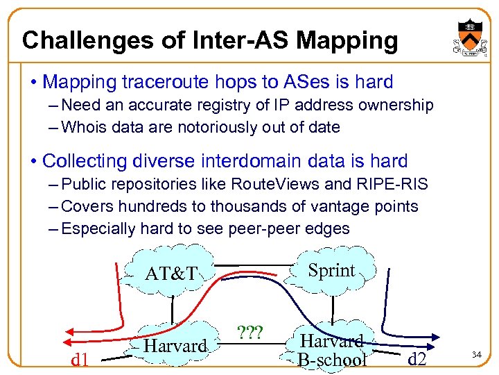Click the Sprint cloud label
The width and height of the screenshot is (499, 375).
331,270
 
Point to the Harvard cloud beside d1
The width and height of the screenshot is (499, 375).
177,345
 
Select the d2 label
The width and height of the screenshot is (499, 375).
417,359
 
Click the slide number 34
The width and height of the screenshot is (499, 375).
477,356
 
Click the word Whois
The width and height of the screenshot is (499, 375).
86,127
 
